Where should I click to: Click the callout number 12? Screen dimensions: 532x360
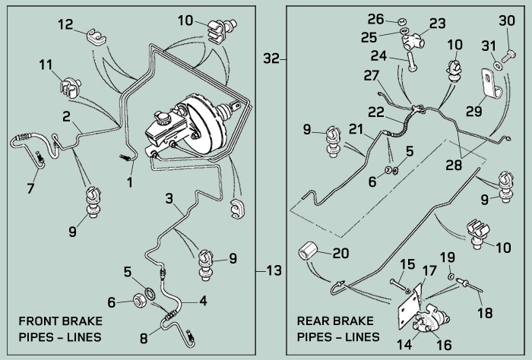[65, 24]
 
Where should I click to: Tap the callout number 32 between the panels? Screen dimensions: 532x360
[271, 58]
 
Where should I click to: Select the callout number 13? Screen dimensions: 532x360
[274, 270]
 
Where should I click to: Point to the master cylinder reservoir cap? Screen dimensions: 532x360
[162, 117]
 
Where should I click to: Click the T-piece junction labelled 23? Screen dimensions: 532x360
[413, 42]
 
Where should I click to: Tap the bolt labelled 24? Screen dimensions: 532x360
[411, 62]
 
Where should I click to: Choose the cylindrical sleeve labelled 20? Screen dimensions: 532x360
[308, 251]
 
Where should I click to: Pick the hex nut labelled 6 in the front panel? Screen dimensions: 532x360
[138, 300]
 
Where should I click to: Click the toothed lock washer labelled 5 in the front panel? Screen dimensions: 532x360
[150, 292]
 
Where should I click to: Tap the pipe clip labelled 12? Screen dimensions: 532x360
[96, 36]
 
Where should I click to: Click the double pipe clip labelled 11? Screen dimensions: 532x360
[70, 87]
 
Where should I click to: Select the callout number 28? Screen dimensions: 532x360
[454, 165]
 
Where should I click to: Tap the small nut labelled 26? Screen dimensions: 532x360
[401, 23]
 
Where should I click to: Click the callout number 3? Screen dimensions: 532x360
[169, 198]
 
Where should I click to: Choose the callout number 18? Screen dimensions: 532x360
[485, 313]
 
